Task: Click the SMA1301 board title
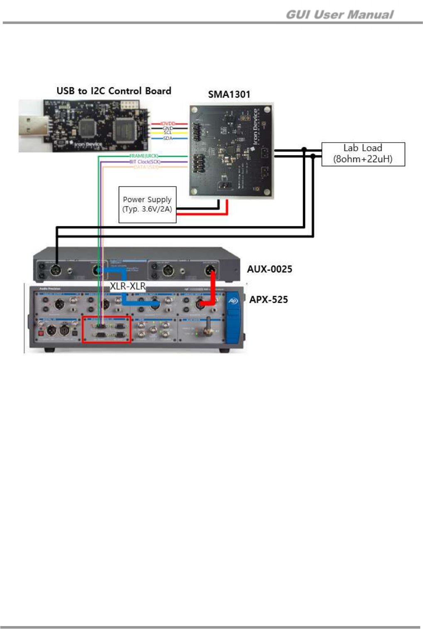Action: pos(229,94)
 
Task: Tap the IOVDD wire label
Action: pos(168,123)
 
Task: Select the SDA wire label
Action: pos(168,138)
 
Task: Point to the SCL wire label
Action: pos(168,133)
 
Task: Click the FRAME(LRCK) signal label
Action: pos(144,156)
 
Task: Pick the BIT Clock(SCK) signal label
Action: pos(145,161)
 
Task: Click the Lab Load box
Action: pos(363,154)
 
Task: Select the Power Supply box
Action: pos(147,204)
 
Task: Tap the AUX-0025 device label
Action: pos(269,269)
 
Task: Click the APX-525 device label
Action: pos(268,299)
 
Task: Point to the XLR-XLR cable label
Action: pos(127,286)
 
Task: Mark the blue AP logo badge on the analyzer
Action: pos(233,301)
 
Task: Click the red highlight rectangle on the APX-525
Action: pos(107,329)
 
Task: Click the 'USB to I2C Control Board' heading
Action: pos(114,91)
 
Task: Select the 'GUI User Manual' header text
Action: pos(340,15)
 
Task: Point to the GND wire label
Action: pos(168,128)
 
